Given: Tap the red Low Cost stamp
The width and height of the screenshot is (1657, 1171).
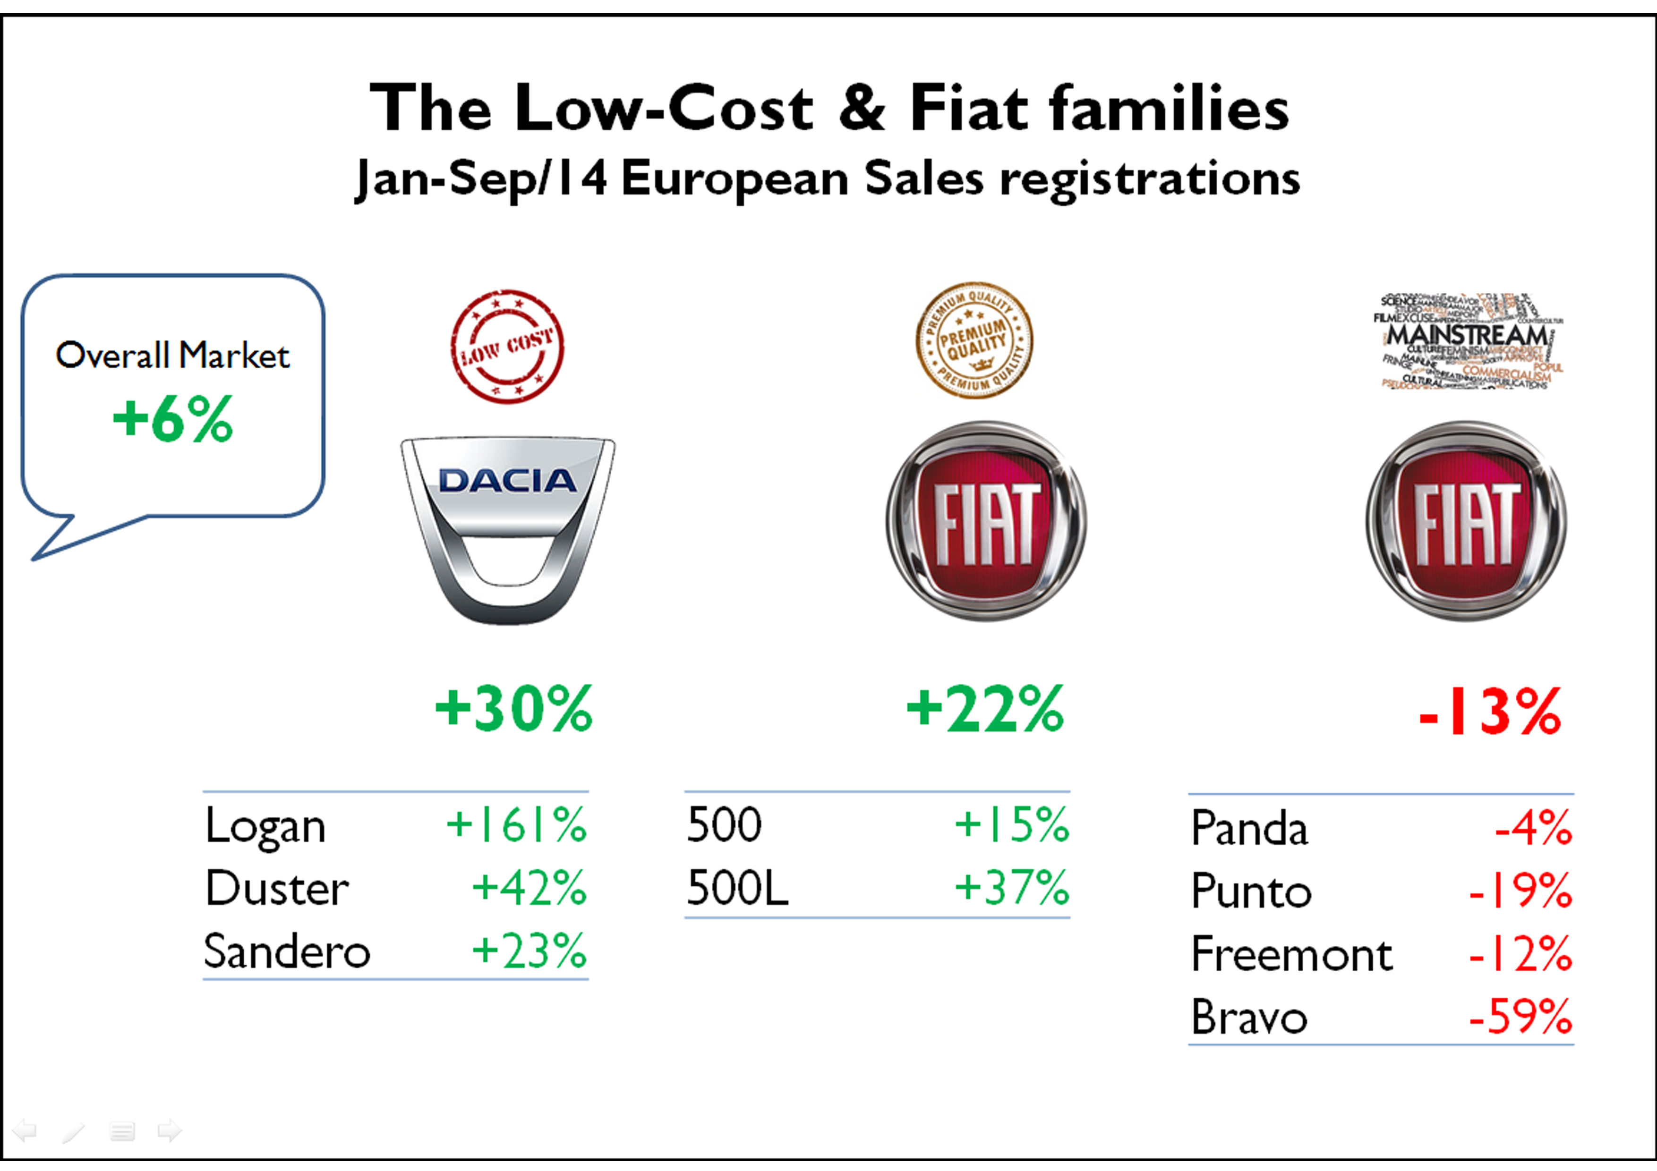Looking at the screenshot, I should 507,346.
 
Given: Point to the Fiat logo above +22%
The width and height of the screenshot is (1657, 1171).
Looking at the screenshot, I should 986,521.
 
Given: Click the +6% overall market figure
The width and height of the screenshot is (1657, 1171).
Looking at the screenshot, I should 173,419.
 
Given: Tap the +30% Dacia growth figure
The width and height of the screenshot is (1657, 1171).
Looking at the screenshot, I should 514,709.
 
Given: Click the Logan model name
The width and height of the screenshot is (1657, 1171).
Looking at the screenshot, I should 265,827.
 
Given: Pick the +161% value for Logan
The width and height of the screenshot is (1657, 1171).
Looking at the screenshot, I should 517,825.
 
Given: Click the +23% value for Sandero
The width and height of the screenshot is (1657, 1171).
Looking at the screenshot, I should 529,951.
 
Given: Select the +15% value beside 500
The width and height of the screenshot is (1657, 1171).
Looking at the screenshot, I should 1011,825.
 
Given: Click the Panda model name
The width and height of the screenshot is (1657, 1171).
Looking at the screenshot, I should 1249,828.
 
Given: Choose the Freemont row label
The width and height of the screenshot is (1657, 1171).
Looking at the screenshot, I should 1292,955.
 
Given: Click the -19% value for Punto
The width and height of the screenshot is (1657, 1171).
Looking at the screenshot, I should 1520,891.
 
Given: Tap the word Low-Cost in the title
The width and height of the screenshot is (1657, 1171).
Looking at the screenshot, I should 664,108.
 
